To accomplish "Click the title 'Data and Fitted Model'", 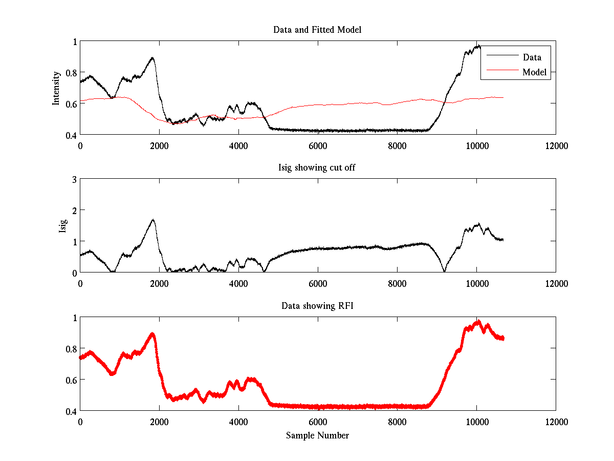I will [x=317, y=30].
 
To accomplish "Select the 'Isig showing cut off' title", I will [x=317, y=168].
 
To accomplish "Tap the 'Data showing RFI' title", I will [x=317, y=306].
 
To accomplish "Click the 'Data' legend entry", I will [x=532, y=57].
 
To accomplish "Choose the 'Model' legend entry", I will [x=534, y=72].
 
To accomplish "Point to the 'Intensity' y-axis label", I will [x=56, y=88].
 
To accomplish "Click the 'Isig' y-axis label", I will [x=62, y=226].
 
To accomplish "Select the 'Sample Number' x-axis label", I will [x=317, y=435].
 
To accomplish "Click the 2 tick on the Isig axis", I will [x=74, y=210].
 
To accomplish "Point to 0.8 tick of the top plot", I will [x=71, y=73].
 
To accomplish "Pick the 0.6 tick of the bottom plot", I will [x=71, y=380].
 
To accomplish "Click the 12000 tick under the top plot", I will [x=556, y=146].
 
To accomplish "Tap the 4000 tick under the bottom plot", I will [x=238, y=422].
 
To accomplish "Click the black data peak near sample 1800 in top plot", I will [x=152, y=58].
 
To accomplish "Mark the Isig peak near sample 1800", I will [x=152, y=220].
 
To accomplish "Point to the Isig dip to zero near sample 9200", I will [x=445, y=271].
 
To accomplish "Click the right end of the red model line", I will [x=503, y=97].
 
